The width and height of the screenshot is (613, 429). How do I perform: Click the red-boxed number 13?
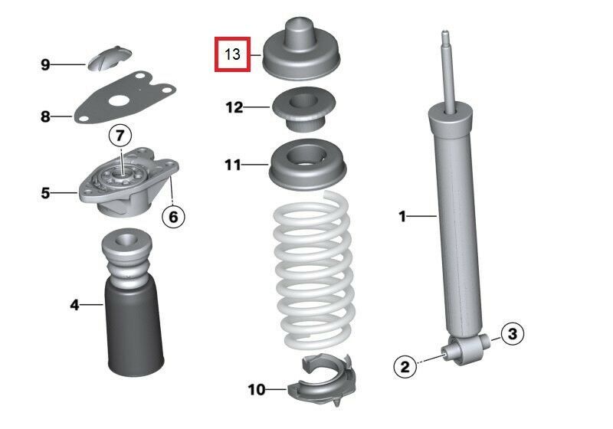tap(232, 54)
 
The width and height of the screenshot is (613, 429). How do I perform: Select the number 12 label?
tap(234, 107)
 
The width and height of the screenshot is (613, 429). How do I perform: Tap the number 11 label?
tap(233, 164)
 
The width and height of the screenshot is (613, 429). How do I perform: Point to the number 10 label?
tap(256, 390)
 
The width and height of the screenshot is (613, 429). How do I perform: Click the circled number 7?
tap(120, 136)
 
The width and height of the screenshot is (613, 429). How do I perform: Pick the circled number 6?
tap(173, 217)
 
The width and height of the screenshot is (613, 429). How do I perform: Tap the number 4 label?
tap(74, 305)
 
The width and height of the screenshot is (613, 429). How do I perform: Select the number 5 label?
tap(45, 193)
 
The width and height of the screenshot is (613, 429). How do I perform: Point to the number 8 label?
tap(45, 117)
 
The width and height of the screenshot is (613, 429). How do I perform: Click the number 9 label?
tap(45, 64)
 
